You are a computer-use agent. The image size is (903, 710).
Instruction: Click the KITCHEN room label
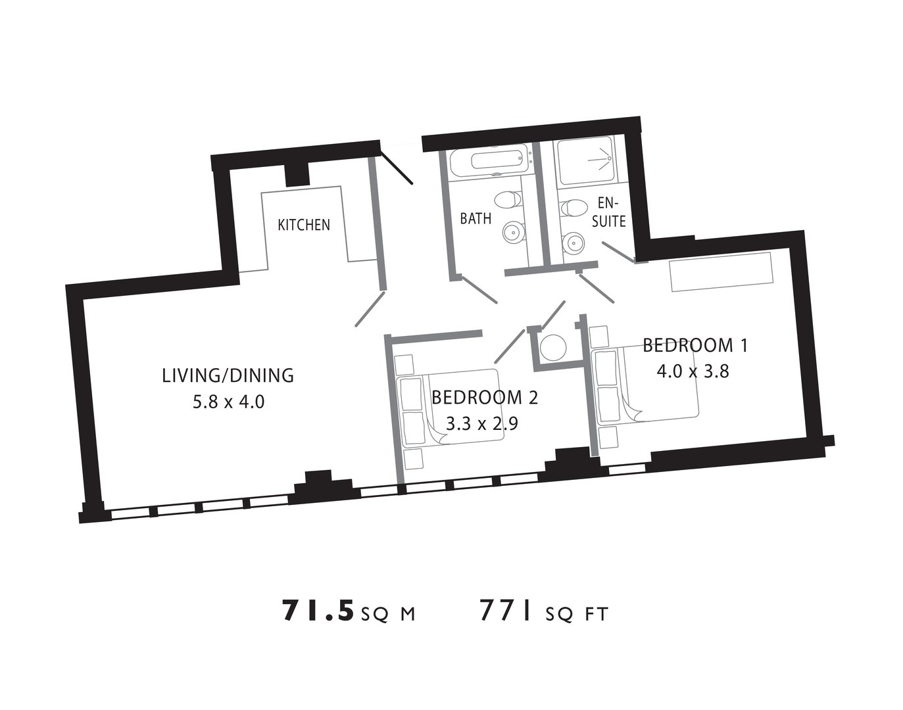pyautogui.click(x=304, y=225)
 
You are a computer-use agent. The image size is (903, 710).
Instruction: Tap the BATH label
pyautogui.click(x=476, y=218)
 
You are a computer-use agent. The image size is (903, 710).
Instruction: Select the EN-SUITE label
pyautogui.click(x=608, y=212)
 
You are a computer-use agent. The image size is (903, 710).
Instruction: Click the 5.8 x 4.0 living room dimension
pyautogui.click(x=228, y=402)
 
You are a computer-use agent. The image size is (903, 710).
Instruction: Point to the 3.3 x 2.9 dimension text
pyautogui.click(x=482, y=425)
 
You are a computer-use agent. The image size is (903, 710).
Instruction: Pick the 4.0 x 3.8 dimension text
pyautogui.click(x=693, y=371)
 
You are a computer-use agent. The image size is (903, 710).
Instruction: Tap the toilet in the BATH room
pyautogui.click(x=508, y=199)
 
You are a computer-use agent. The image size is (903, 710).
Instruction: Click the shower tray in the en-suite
pyautogui.click(x=586, y=160)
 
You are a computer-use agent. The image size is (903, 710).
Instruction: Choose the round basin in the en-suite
pyautogui.click(x=573, y=242)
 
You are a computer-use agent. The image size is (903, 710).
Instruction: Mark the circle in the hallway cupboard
pyautogui.click(x=553, y=347)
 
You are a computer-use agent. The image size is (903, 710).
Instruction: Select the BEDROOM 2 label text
pyautogui.click(x=485, y=398)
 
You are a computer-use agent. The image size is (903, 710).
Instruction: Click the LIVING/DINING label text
pyautogui.click(x=228, y=376)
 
